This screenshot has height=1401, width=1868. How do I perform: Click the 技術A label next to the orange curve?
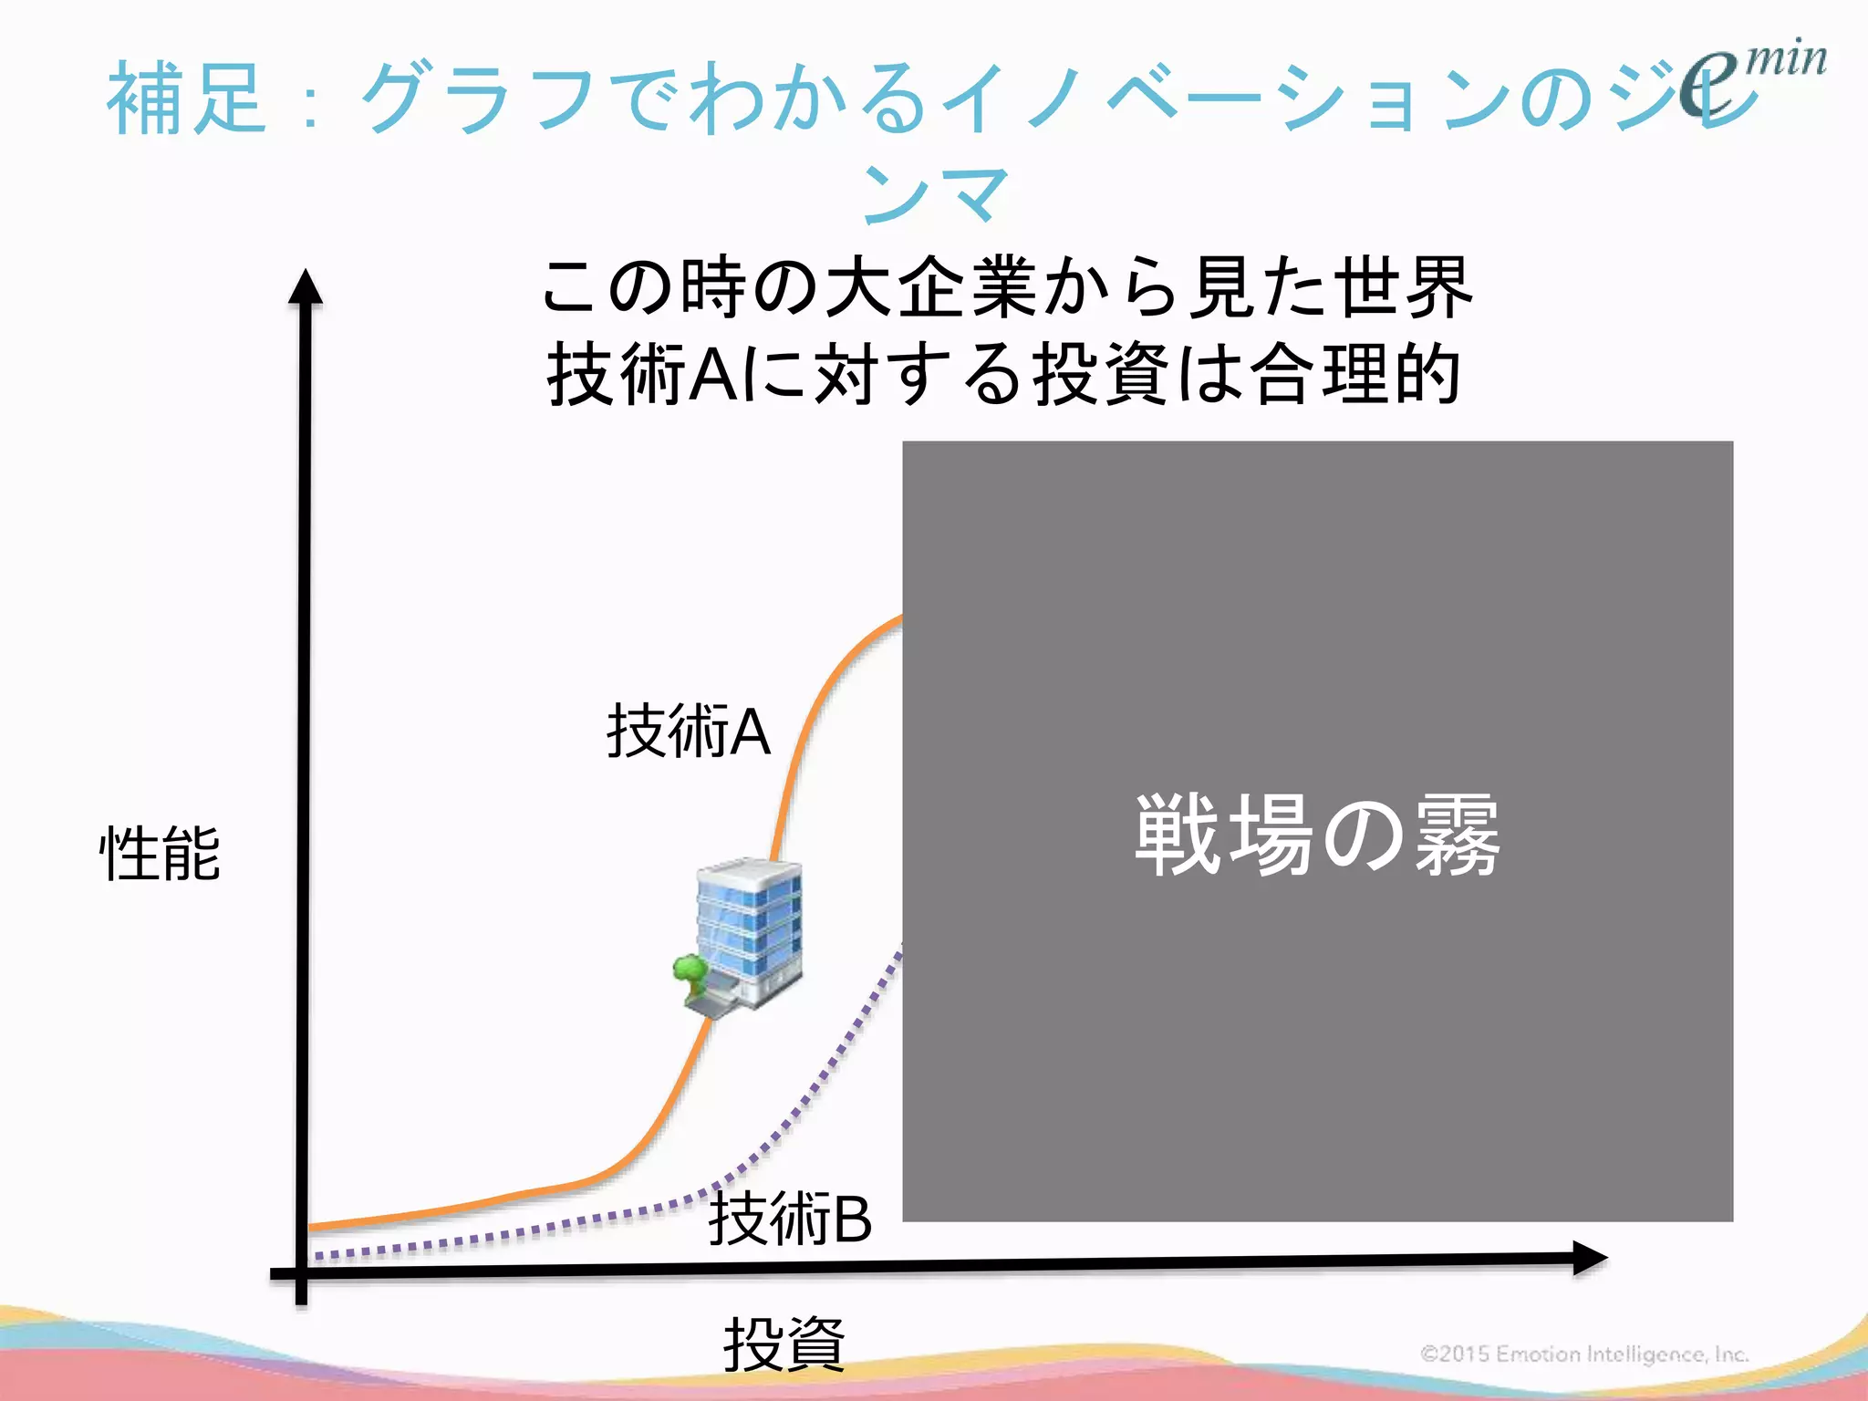pos(689,732)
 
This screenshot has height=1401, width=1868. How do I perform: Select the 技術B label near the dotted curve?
pos(790,1219)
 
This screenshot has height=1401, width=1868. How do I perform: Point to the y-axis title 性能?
pos(160,854)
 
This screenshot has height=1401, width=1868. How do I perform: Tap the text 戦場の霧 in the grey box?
pos(1317,835)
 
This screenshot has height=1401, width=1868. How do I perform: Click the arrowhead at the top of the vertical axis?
pos(306,286)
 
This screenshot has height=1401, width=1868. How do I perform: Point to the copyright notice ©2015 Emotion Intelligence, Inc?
pos(1584,1354)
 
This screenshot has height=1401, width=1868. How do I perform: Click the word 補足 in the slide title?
pos(186,99)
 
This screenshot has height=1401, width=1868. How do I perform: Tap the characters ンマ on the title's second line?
pos(936,193)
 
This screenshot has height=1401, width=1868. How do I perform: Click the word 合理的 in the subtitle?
pos(1355,374)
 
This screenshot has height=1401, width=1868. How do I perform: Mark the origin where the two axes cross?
pos(302,1273)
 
